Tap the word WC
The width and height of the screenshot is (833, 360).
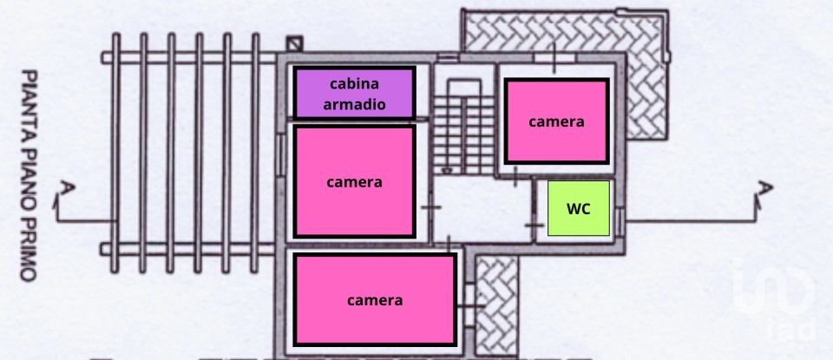pyautogui.click(x=579, y=208)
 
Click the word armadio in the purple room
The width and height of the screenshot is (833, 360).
pyautogui.click(x=354, y=105)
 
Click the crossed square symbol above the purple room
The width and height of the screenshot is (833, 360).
pyautogui.click(x=295, y=42)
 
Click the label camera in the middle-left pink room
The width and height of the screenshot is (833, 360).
pyautogui.click(x=354, y=182)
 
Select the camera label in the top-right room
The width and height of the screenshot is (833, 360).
pyautogui.click(x=556, y=121)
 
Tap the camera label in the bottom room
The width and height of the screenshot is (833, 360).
pyautogui.click(x=375, y=300)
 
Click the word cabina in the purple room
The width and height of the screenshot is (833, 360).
pyautogui.click(x=354, y=83)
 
